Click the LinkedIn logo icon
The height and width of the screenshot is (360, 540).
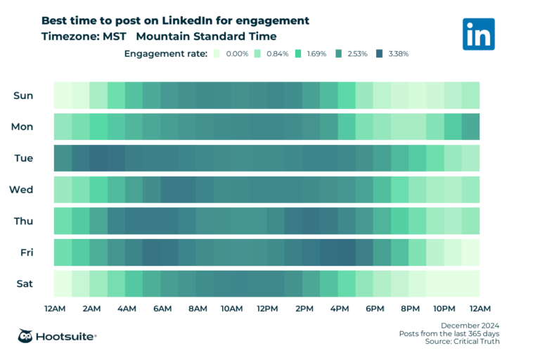478,34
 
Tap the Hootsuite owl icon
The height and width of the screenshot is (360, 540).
27,336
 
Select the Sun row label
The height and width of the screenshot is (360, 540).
22,96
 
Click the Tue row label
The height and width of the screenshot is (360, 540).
22,158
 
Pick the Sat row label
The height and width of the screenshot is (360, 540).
23,284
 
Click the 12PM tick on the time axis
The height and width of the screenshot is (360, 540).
266,309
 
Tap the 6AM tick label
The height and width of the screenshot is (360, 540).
161,309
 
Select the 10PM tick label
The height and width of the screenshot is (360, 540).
444,309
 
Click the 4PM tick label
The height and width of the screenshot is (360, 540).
338,309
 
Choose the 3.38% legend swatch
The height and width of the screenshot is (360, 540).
380,53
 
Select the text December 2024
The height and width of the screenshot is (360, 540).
470,324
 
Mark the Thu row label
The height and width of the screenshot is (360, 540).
23,221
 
